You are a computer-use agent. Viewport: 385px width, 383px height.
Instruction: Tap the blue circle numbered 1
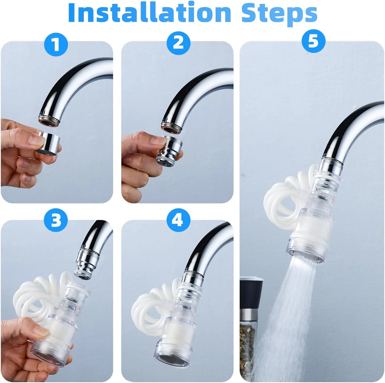(x=56, y=44)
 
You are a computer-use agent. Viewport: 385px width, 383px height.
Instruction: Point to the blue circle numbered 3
(x=56, y=220)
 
